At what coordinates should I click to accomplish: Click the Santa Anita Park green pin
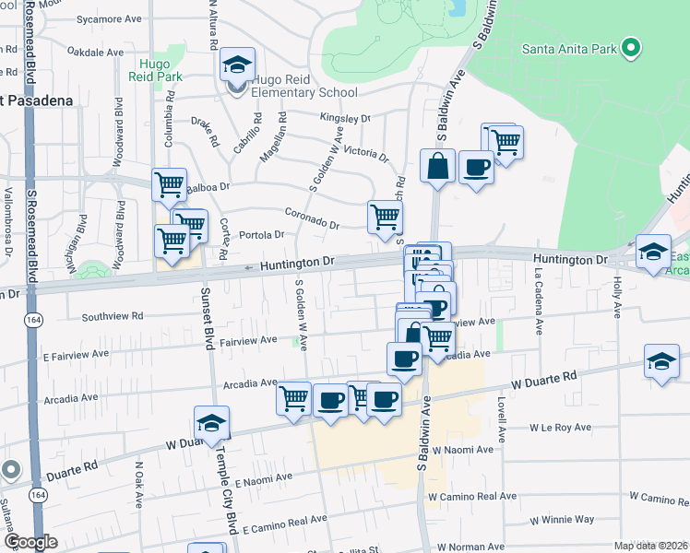[x=632, y=48]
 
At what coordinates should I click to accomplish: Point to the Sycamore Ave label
[x=109, y=18]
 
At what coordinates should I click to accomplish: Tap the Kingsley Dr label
[x=344, y=118]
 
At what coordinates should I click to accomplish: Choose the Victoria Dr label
[x=365, y=151]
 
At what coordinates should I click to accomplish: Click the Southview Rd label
[x=113, y=316]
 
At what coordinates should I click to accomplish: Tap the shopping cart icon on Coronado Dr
[x=385, y=217]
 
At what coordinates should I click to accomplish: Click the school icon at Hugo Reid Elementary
[x=237, y=65]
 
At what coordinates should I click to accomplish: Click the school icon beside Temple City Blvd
[x=211, y=423]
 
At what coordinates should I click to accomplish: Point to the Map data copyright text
[x=649, y=546]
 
